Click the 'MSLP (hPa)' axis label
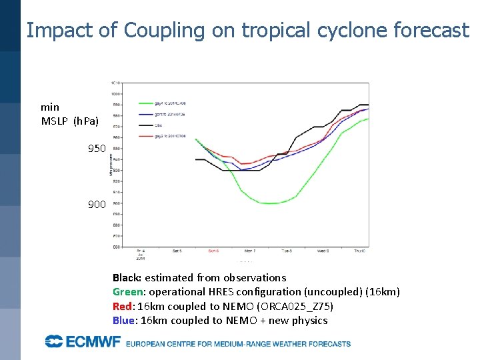click(69, 121)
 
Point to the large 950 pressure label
click(97, 148)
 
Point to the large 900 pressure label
click(97, 204)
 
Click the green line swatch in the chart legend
click(146, 103)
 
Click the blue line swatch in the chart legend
click(146, 115)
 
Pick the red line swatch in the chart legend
click(146, 136)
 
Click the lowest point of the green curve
click(271, 203)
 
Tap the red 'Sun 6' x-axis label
click(213, 251)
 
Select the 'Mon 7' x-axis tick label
click(250, 251)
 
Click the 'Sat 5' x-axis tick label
click(177, 251)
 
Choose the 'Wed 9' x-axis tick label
click(323, 251)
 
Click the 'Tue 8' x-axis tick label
click(287, 251)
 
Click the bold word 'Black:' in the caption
click(127, 277)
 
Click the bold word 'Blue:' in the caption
click(124, 320)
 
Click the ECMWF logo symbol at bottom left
click(54, 341)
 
